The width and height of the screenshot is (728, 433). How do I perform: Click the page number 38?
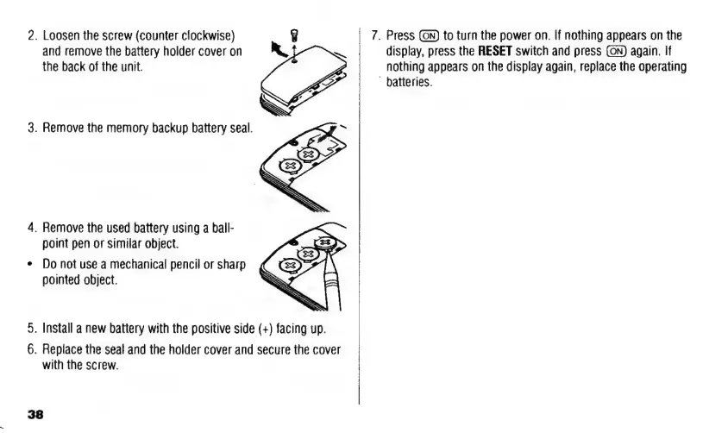tap(35, 415)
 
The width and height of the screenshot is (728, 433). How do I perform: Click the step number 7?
tap(374, 36)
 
